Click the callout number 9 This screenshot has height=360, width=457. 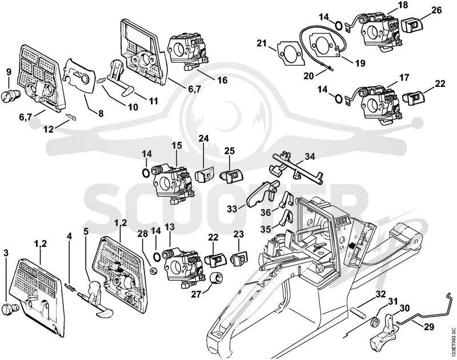click(x=9, y=71)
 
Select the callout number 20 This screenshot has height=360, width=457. click(x=308, y=75)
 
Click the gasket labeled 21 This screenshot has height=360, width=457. click(x=290, y=54)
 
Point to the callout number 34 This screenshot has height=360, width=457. click(x=310, y=157)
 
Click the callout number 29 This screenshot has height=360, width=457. click(x=428, y=327)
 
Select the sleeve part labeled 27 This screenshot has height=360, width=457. click(x=217, y=278)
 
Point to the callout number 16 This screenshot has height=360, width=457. click(x=223, y=80)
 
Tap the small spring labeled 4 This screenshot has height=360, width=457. click(x=71, y=287)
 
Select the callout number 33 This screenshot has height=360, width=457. click(x=232, y=209)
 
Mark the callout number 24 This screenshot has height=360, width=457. click(x=204, y=138)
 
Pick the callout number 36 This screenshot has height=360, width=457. click(x=266, y=213)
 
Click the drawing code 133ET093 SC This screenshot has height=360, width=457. click(x=452, y=343)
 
